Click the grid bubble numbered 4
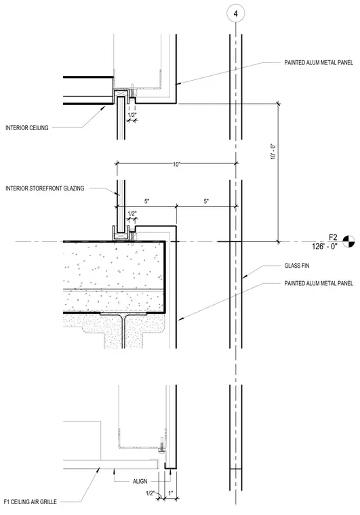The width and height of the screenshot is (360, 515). (235, 14)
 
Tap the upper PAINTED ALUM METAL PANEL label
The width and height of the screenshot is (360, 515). (319, 63)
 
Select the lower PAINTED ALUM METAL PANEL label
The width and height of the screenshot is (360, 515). (319, 283)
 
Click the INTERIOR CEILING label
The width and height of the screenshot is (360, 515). (27, 128)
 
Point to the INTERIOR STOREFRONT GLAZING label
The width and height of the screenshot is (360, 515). (45, 188)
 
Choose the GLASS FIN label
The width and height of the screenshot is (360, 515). (296, 266)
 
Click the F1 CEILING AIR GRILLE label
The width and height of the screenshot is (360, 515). (31, 501)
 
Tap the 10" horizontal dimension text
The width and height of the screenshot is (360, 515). (176, 164)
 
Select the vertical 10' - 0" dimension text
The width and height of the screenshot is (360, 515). (273, 151)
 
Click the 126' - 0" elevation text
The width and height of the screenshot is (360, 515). (325, 246)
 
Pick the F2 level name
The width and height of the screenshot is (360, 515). (333, 237)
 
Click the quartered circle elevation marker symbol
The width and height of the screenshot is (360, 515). (349, 241)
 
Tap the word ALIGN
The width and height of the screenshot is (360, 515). (140, 481)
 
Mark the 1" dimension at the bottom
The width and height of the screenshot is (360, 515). (170, 493)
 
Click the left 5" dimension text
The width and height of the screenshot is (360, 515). (147, 201)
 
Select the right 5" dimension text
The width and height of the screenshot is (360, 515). (206, 201)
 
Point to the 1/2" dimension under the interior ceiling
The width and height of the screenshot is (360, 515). (132, 115)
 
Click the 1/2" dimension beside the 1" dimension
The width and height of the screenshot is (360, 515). (150, 493)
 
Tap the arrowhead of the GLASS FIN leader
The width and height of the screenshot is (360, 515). (244, 278)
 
